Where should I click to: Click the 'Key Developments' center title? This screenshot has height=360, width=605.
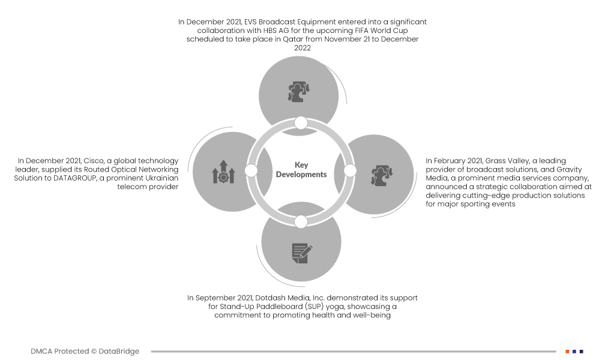click(301, 169)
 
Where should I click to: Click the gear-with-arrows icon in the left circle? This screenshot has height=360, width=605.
click(223, 172)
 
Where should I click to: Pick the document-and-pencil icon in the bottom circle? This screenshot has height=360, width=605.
click(302, 253)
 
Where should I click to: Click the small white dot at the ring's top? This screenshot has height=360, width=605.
click(301, 123)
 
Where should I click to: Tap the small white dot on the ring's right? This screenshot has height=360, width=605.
click(351, 171)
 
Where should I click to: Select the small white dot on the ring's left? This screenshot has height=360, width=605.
click(251, 171)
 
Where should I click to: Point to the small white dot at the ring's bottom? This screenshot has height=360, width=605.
click(301, 221)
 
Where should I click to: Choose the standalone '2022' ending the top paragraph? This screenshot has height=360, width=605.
click(302, 48)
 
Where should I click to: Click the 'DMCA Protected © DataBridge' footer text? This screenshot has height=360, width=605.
click(85, 352)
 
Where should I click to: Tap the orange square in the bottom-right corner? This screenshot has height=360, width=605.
click(567, 352)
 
